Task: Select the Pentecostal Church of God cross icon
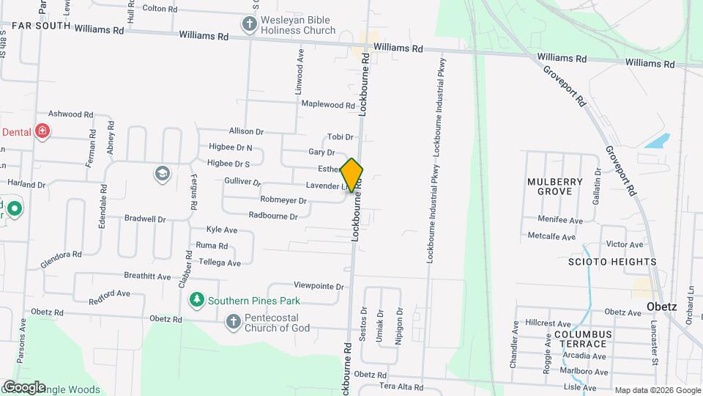[233, 321]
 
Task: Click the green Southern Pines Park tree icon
[196, 300]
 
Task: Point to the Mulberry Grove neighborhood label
[555, 186]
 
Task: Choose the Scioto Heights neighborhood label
[612, 262]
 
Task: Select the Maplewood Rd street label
[328, 105]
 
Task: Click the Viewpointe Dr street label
[319, 285]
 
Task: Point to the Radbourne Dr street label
[273, 216]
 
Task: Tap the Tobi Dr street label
[340, 136]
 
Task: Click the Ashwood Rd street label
[70, 114]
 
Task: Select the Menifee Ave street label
[560, 220]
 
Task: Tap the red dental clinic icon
[42, 131]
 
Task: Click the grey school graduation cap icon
[161, 174]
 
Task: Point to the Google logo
[23, 386]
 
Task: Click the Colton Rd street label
[160, 9]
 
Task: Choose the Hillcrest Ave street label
[547, 323]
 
